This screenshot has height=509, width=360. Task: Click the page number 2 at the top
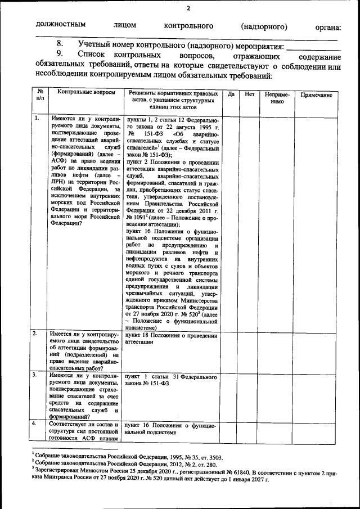tap(188, 8)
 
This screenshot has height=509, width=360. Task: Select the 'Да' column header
tap(231, 94)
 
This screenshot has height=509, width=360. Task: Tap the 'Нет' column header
tap(250, 94)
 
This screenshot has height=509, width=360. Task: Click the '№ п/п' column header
tap(39, 94)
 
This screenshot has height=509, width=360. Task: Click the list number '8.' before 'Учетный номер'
tap(60, 44)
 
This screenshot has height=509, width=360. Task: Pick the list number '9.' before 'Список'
tap(60, 55)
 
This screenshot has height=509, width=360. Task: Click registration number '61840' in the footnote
tap(238, 474)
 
